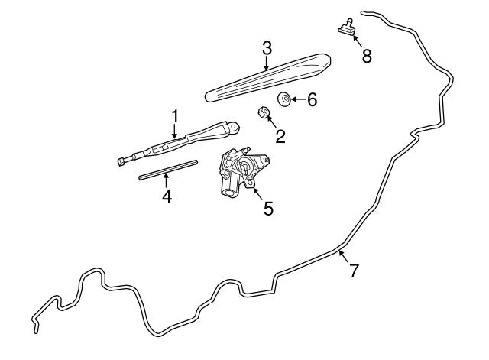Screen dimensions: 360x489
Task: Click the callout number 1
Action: coord(174,117)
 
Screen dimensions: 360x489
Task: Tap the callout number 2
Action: coord(280,137)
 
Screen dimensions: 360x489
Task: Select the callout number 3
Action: coord(267,48)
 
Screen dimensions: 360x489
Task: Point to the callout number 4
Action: coord(167,196)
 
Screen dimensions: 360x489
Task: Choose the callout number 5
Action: coord(268,207)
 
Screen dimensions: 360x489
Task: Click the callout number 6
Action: coord(311,99)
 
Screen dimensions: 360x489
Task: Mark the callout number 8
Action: coord(367,56)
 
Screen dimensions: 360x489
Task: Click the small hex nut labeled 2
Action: coord(263,113)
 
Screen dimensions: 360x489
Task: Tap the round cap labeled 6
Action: coord(284,99)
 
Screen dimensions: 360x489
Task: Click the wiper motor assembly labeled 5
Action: coord(240,171)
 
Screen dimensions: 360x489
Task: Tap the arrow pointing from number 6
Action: coord(297,99)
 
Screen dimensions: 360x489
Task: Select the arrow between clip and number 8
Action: coord(355,39)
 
